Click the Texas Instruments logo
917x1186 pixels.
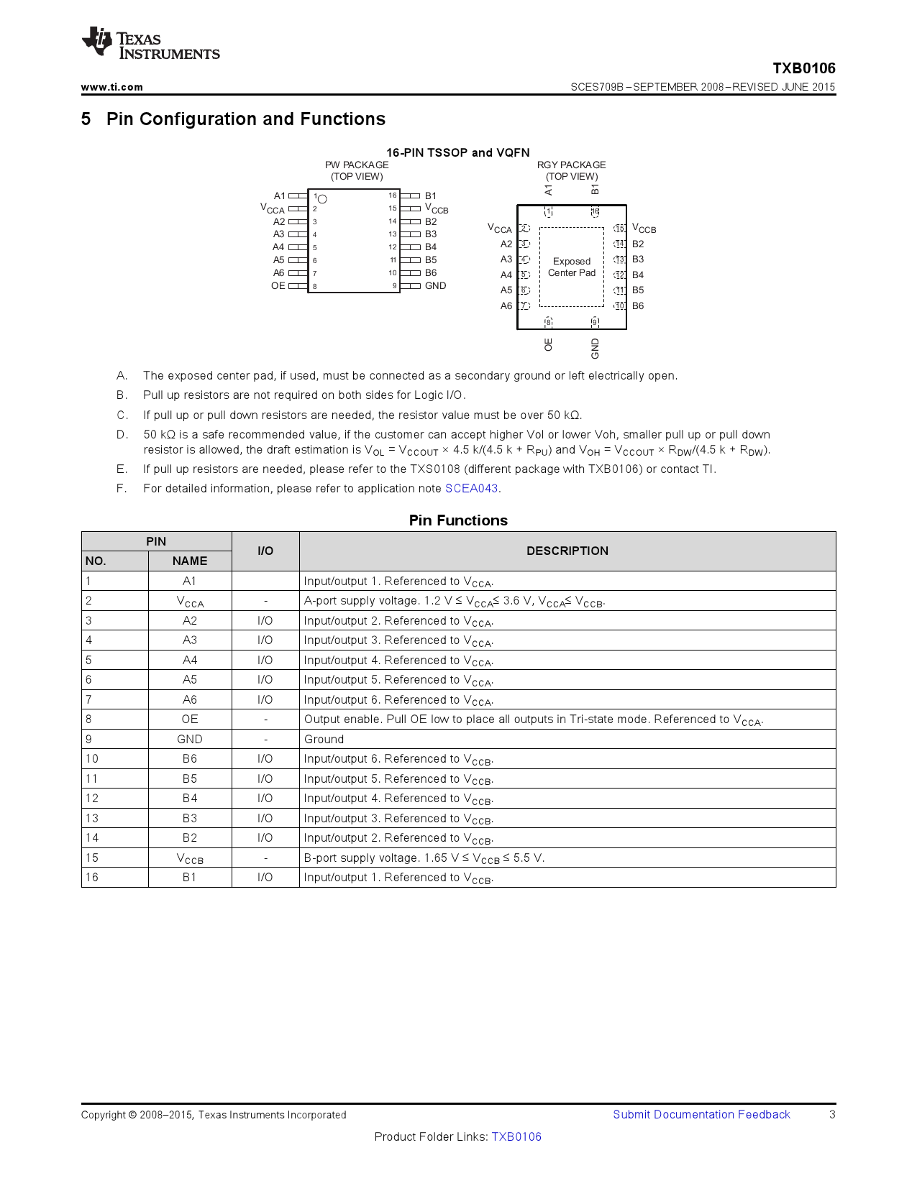[x=150, y=45]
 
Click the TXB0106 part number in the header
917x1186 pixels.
[x=803, y=68]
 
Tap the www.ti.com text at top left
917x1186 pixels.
[x=111, y=87]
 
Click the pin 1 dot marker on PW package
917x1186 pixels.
[x=322, y=199]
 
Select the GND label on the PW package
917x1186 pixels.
[x=435, y=286]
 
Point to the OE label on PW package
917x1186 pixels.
[x=278, y=286]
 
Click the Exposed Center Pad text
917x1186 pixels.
[x=572, y=267]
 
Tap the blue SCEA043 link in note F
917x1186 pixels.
[x=471, y=489]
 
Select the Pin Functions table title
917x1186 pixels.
[x=458, y=520]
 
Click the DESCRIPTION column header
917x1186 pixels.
[x=567, y=551]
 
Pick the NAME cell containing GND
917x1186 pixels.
[x=190, y=740]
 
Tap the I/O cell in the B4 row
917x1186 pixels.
[x=265, y=799]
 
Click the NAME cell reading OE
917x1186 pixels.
[x=190, y=720]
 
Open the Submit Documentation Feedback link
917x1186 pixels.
[x=701, y=1115]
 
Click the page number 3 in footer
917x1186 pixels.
[x=832, y=1115]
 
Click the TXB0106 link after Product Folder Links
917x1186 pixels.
[x=516, y=1137]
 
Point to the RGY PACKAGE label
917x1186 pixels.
[x=571, y=165]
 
